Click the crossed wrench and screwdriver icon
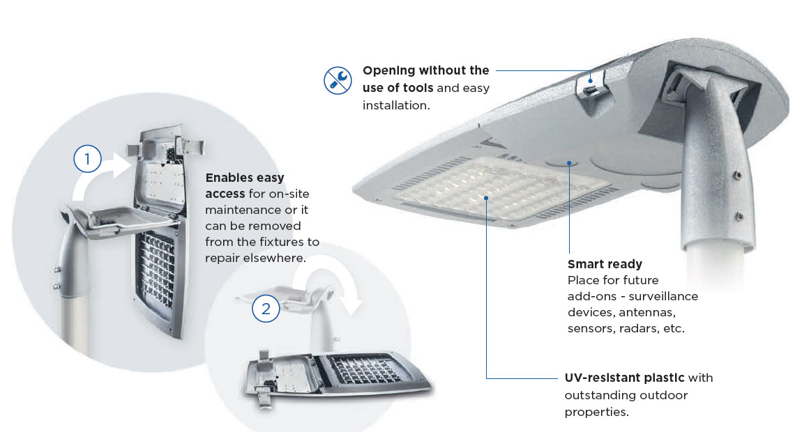(338, 80)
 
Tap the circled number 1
(87, 159)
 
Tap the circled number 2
(266, 309)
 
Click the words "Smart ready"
(605, 264)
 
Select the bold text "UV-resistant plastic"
(624, 378)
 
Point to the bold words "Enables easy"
(244, 178)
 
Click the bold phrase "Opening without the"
(426, 70)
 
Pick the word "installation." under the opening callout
(396, 105)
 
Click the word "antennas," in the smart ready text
(647, 312)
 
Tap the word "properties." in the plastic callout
(597, 412)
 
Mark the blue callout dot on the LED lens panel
(486, 198)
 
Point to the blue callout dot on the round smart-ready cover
(569, 163)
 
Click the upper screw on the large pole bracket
(738, 175)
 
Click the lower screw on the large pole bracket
(739, 217)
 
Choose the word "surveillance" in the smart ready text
(663, 296)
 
